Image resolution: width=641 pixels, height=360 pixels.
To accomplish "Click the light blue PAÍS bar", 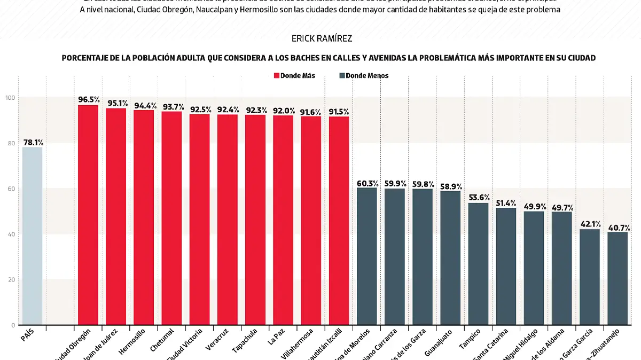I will (x=32, y=236).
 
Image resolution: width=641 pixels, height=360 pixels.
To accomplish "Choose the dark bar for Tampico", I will (x=478, y=264).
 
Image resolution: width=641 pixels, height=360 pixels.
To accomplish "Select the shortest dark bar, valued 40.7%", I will (x=617, y=278).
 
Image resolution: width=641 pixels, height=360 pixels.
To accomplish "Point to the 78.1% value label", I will (x=33, y=143).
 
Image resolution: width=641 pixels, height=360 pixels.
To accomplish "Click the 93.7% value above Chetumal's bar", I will (x=172, y=106).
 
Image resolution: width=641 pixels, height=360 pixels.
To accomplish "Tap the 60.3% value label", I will (x=367, y=183).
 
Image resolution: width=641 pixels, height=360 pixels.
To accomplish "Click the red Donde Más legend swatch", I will (x=276, y=76).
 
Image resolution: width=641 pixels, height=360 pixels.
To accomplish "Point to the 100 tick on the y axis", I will (x=10, y=98).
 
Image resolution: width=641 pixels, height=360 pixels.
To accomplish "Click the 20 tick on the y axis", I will (x=11, y=280).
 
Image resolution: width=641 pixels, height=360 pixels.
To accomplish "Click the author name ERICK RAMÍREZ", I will (x=322, y=39).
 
